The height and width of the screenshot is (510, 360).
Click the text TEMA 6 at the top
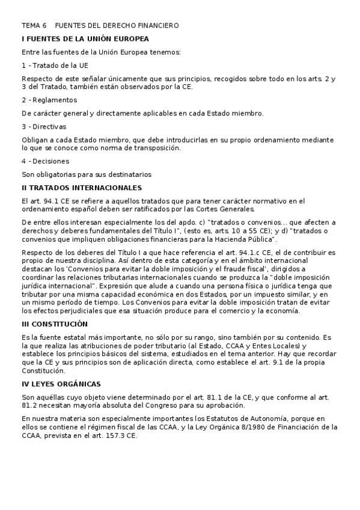click(x=34, y=26)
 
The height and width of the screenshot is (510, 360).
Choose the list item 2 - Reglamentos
click(x=49, y=100)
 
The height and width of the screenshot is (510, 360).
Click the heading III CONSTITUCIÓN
click(x=59, y=324)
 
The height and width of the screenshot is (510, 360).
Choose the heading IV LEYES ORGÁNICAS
click(x=61, y=383)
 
